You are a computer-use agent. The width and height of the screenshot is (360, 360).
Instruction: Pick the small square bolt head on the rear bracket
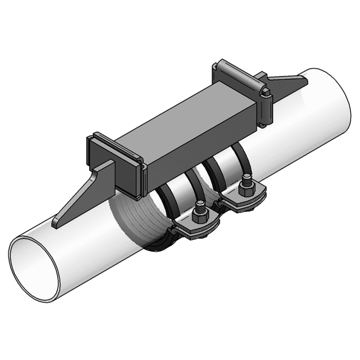point(266,93)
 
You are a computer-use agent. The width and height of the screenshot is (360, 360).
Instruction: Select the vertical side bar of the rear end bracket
point(265,110)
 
